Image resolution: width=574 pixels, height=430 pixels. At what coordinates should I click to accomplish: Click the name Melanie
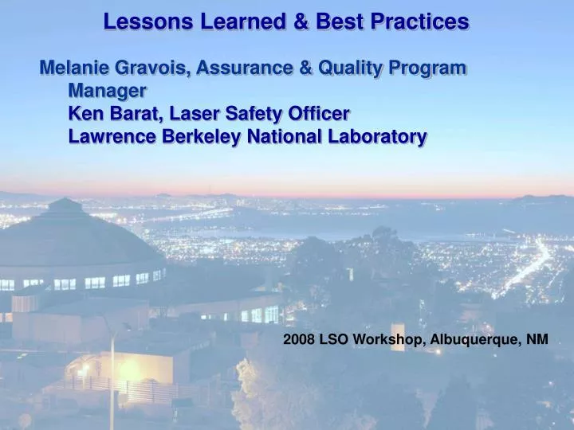77,68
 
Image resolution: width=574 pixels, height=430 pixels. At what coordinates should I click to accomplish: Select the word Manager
107,91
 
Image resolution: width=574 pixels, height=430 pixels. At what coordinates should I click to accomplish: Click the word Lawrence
112,137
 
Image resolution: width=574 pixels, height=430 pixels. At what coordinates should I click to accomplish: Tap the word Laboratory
377,137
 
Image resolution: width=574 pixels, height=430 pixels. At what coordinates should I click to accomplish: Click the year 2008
300,339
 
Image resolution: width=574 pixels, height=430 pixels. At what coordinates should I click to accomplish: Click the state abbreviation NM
537,339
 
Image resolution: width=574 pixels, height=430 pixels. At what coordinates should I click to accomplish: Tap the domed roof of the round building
68,231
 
